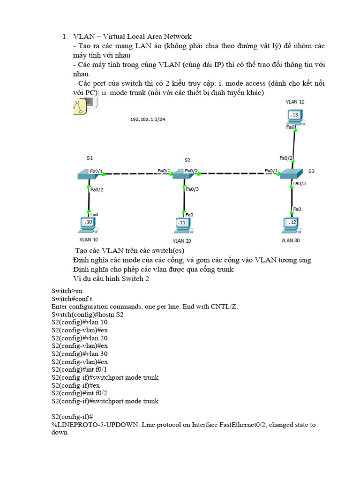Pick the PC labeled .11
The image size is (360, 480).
(182, 225)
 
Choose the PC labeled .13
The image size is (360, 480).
(294, 116)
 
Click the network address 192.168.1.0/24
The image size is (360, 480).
(147, 120)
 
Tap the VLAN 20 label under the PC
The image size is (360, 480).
(182, 240)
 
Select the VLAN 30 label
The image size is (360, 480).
(291, 240)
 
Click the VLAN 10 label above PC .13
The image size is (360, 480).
(295, 101)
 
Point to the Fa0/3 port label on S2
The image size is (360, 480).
(192, 189)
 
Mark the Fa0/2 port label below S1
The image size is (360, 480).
(96, 190)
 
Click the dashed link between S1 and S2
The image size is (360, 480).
(130, 174)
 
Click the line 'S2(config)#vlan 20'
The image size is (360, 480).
(79, 338)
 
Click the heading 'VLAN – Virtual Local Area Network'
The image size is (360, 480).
(132, 37)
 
